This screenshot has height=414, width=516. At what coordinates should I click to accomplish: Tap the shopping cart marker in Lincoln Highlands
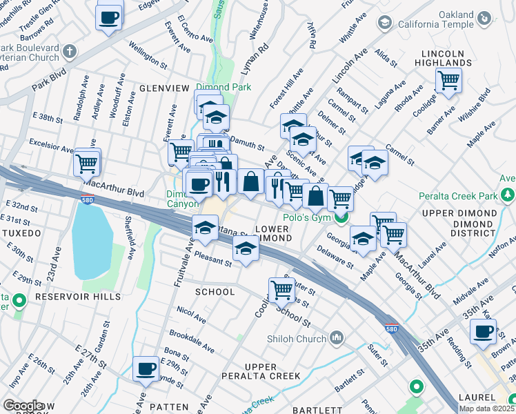[x=448, y=80]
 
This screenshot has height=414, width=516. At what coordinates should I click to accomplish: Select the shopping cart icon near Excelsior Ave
[x=88, y=164]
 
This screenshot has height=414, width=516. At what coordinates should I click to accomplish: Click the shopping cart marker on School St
[x=281, y=290]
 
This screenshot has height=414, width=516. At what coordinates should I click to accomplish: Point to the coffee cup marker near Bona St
[x=146, y=369]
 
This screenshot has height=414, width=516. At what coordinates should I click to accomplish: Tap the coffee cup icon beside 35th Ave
[x=483, y=332]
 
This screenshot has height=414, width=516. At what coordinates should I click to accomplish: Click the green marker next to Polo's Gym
[x=341, y=218]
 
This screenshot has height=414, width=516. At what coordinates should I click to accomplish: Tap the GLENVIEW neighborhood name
[x=163, y=88]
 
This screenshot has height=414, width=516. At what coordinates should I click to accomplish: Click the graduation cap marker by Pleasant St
[x=245, y=250]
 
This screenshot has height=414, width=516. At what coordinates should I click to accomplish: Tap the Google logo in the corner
[x=23, y=406]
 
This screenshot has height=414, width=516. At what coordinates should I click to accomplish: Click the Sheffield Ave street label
[x=129, y=237]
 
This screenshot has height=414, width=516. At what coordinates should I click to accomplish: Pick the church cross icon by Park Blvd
[x=68, y=51]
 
